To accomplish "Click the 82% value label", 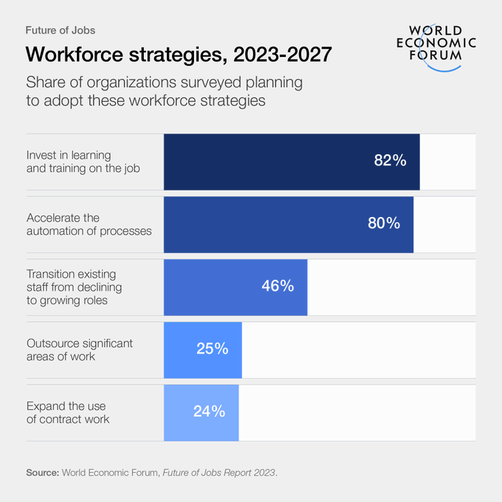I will (x=391, y=161).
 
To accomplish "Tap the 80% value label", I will (x=384, y=224).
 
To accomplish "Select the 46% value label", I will (x=278, y=286).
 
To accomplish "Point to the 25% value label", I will (x=212, y=348).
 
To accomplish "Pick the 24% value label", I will (x=209, y=411).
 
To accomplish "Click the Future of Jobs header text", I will (x=60, y=30).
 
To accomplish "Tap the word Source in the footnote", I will (x=41, y=472).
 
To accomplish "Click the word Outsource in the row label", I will (x=52, y=343).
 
